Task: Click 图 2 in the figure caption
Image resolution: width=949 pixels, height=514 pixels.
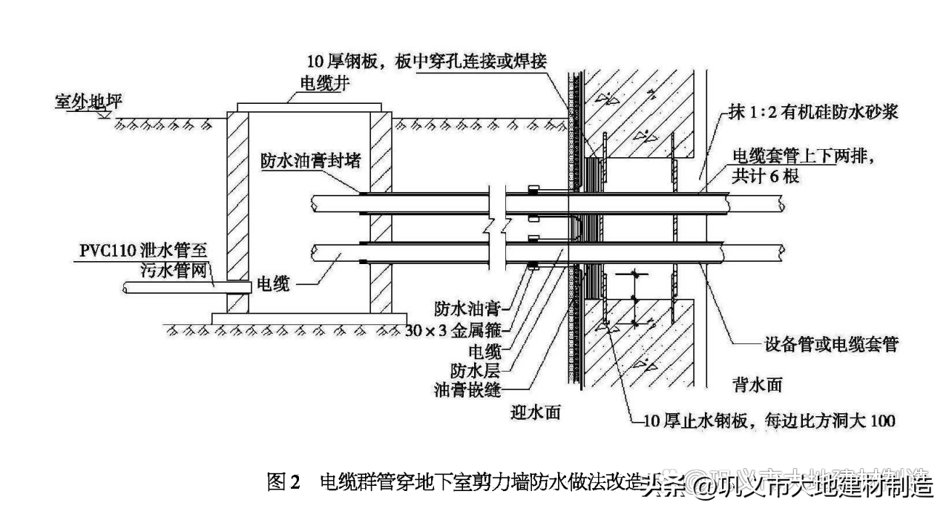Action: click(x=283, y=483)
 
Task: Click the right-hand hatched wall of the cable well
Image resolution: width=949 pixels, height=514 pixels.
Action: click(x=381, y=215)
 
